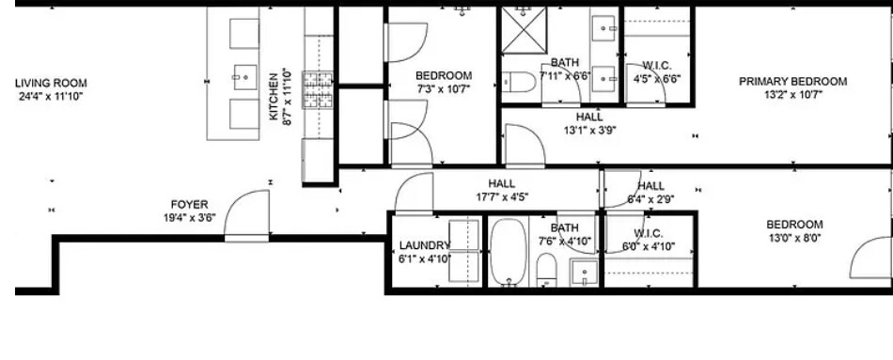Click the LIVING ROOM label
(x=51, y=84)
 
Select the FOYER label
(x=189, y=204)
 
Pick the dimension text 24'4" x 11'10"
(x=51, y=96)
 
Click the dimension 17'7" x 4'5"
(x=502, y=196)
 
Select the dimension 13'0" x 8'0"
(x=794, y=238)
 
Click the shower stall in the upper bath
(x=529, y=29)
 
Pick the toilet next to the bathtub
(x=547, y=270)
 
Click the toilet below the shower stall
(x=518, y=84)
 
